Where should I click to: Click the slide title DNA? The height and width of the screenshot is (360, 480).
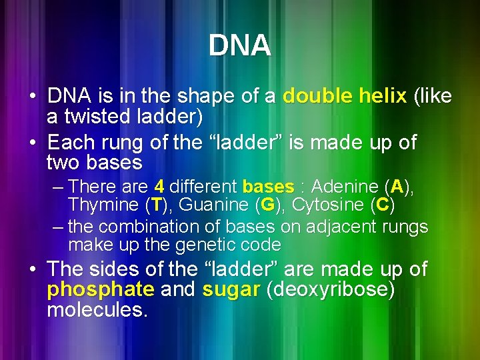click(x=239, y=46)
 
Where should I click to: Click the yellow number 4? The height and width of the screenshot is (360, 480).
click(x=159, y=186)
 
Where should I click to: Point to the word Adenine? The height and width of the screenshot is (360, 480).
click(x=347, y=186)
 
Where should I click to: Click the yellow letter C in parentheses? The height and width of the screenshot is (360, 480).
click(x=382, y=204)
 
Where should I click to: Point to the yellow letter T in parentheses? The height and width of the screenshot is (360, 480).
click(x=157, y=204)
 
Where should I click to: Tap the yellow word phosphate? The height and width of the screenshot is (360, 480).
click(x=100, y=291)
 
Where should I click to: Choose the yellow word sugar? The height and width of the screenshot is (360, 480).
click(x=231, y=291)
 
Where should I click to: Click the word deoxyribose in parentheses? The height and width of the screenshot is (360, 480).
click(x=329, y=291)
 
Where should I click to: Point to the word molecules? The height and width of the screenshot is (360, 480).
click(x=96, y=311)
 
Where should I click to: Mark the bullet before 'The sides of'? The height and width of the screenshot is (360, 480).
click(x=33, y=270)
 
